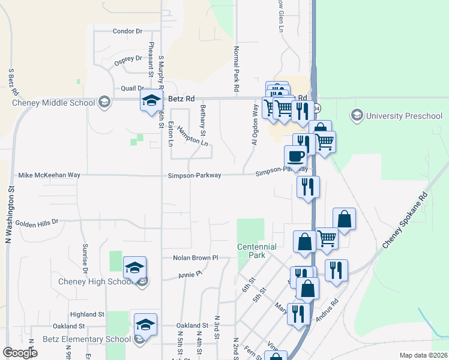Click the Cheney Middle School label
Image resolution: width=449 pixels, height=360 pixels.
[x=53, y=103]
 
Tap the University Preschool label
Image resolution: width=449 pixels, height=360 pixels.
[x=404, y=115]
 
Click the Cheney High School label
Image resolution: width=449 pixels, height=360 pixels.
[x=95, y=281]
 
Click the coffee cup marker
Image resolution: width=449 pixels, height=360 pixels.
[x=295, y=157]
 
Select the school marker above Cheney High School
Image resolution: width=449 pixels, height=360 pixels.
[x=135, y=268]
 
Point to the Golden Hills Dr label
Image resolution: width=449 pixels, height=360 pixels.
[x=37, y=222]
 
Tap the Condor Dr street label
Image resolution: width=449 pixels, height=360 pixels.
[x=127, y=31]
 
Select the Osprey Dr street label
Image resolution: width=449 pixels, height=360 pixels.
[x=128, y=59]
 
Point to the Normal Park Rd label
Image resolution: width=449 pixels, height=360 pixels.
[x=237, y=69]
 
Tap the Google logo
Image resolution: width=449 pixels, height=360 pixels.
[x=20, y=353]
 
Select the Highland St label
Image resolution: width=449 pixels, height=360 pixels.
[x=87, y=314]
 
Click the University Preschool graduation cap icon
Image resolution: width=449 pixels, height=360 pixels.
[x=357, y=115]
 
